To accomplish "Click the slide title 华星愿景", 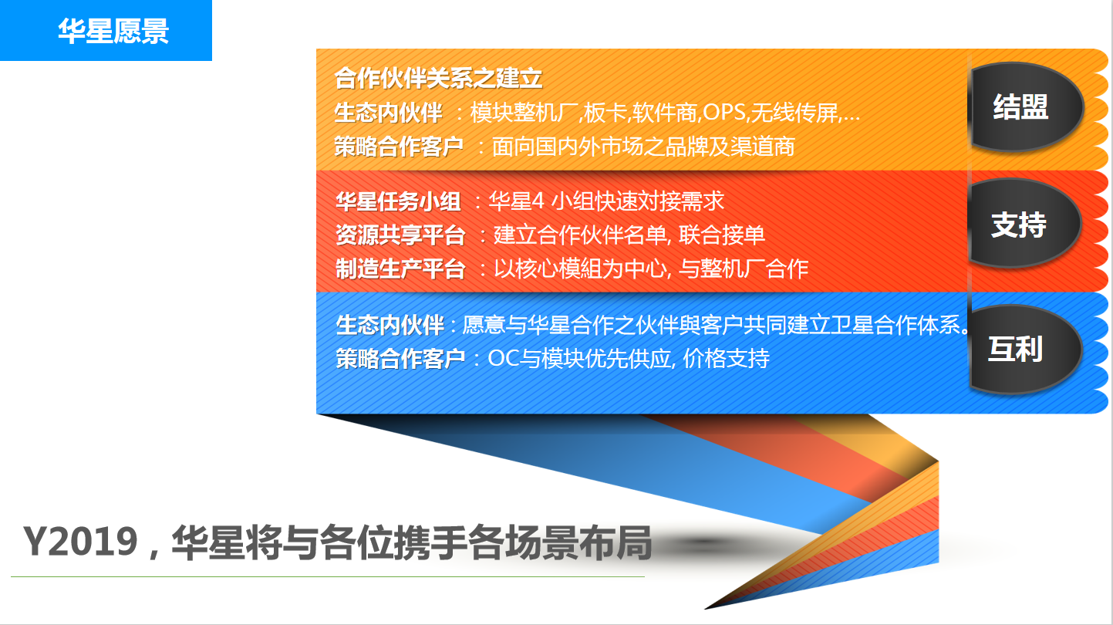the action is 113,31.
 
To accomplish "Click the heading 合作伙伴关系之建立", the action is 438,79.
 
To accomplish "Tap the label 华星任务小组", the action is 398,202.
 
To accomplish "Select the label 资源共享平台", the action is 400,235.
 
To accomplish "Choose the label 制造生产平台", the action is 400,269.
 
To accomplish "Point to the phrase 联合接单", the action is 722,235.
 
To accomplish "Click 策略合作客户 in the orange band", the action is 399,147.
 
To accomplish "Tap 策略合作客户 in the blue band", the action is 400,359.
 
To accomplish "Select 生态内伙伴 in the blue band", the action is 390,325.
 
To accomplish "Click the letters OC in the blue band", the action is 504,359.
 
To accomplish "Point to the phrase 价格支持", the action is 727,359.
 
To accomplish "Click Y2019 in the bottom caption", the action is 80,542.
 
